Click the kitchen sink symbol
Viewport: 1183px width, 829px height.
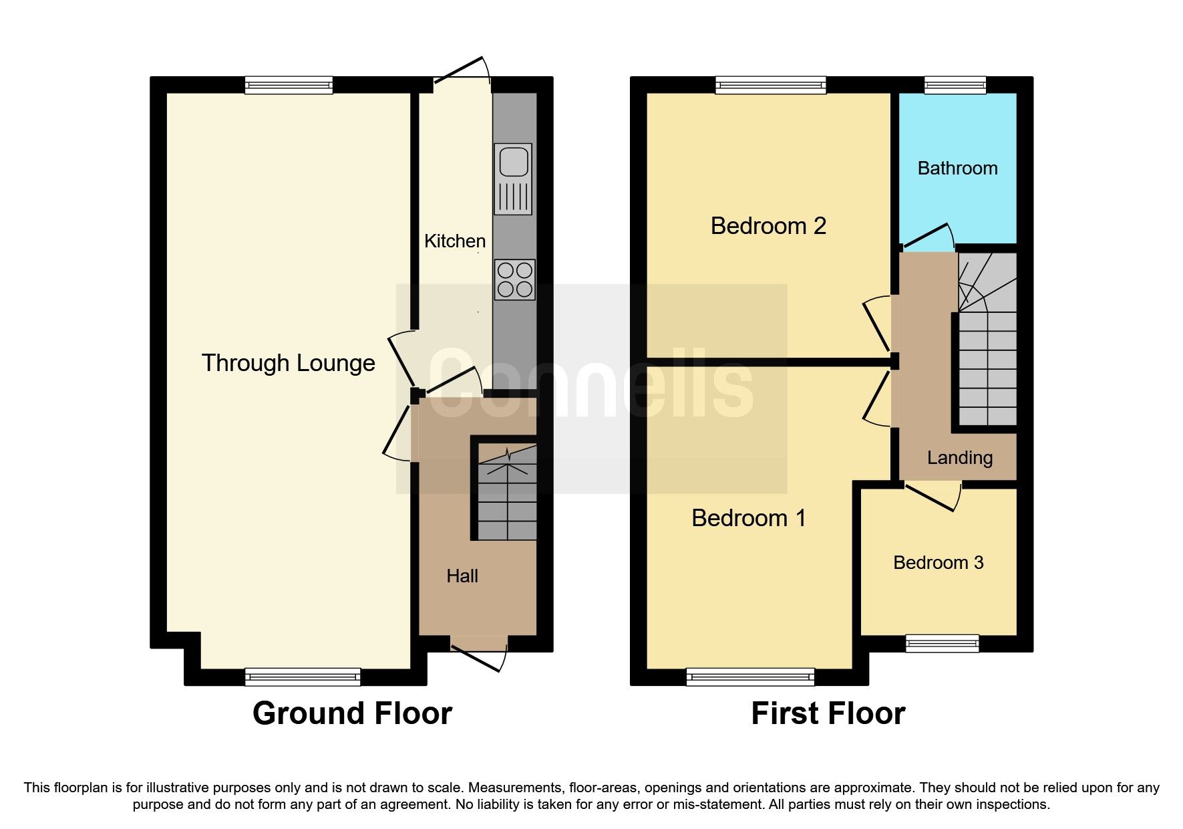(513, 178)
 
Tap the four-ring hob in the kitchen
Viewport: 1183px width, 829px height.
(515, 279)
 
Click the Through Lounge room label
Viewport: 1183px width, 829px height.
(288, 363)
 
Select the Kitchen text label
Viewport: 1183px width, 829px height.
(454, 241)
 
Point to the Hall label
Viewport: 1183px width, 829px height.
(462, 576)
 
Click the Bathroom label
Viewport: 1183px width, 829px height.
(957, 168)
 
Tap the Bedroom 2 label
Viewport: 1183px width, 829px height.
(768, 226)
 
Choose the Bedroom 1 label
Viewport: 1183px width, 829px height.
(748, 518)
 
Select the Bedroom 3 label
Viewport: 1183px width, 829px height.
(938, 563)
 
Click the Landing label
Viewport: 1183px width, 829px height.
(959, 458)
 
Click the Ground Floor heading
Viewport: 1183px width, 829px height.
(352, 713)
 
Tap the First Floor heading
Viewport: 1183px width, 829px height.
(828, 713)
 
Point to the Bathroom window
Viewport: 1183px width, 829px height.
(955, 84)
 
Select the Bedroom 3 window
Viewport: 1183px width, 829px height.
(942, 643)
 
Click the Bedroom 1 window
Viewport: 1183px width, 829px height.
(749, 677)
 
